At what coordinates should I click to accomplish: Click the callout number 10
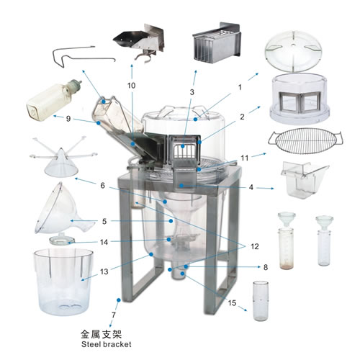tap(131, 86)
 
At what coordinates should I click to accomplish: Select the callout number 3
tap(192, 92)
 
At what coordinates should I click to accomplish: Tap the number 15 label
tap(232, 303)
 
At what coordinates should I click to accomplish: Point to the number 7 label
tap(114, 315)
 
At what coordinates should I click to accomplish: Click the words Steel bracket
tap(107, 344)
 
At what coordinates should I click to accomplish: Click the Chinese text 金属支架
tap(101, 334)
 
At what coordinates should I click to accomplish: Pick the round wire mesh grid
tap(305, 141)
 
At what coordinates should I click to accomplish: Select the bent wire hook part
tap(84, 56)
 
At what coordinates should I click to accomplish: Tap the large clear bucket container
tap(63, 282)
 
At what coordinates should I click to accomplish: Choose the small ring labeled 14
tap(62, 240)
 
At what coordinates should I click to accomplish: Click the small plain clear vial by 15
tap(261, 301)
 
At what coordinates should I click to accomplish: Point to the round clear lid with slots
tap(293, 51)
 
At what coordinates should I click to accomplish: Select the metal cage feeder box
tap(217, 43)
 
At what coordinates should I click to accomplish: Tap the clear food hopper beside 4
tap(303, 180)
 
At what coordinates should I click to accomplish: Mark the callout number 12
tap(255, 246)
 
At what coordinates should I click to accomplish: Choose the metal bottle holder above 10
tap(140, 42)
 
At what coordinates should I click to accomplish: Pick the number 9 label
tap(68, 119)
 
